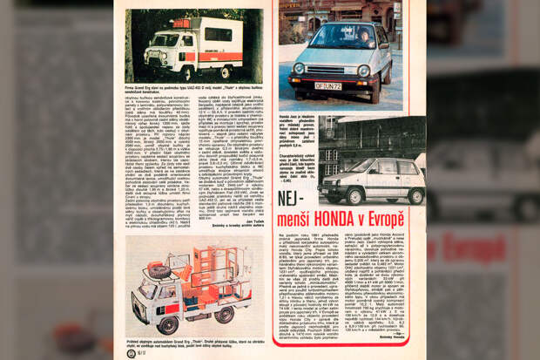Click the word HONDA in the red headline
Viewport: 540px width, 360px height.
click(347, 218)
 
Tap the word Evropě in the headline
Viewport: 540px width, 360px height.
click(388, 218)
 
